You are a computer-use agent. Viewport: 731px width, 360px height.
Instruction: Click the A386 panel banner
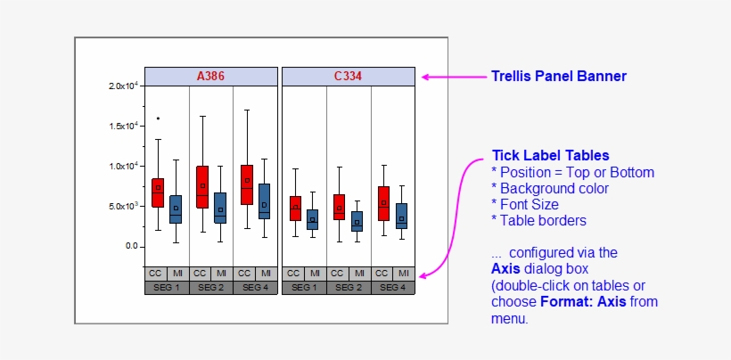[211, 77]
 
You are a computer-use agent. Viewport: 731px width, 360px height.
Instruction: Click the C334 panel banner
[349, 77]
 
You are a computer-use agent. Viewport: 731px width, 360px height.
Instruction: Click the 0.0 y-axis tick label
[130, 246]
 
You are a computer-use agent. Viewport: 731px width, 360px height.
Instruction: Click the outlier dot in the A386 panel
[158, 118]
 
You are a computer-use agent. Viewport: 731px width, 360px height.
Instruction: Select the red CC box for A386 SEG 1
[158, 192]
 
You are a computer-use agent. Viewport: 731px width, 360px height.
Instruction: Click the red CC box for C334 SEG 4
[383, 203]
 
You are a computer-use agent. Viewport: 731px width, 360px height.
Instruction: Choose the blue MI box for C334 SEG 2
[357, 221]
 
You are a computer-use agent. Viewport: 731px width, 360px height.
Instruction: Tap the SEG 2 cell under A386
[211, 288]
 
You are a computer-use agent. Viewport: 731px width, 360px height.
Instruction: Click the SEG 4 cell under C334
[393, 288]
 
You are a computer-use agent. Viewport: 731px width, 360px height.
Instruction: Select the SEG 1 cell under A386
[167, 288]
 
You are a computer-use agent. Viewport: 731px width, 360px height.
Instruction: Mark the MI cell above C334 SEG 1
[315, 273]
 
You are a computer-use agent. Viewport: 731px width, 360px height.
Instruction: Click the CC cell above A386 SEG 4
[244, 273]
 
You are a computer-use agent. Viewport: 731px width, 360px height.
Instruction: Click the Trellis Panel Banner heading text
[559, 77]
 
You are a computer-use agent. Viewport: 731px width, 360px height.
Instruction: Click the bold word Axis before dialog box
[505, 267]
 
